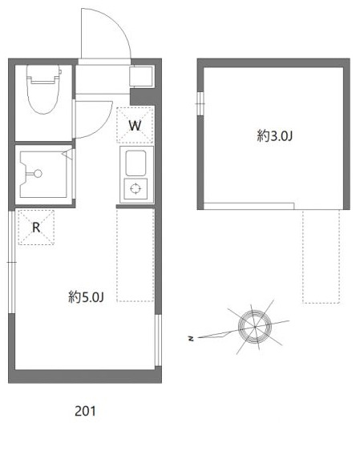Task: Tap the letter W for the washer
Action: pos(135,125)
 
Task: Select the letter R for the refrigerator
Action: pos(36,227)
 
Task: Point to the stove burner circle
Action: pos(136,188)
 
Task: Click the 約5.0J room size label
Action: pos(87,297)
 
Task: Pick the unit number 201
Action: pos(85,412)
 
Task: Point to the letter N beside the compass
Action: pos(191,339)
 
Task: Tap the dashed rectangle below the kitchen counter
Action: pos(135,252)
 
